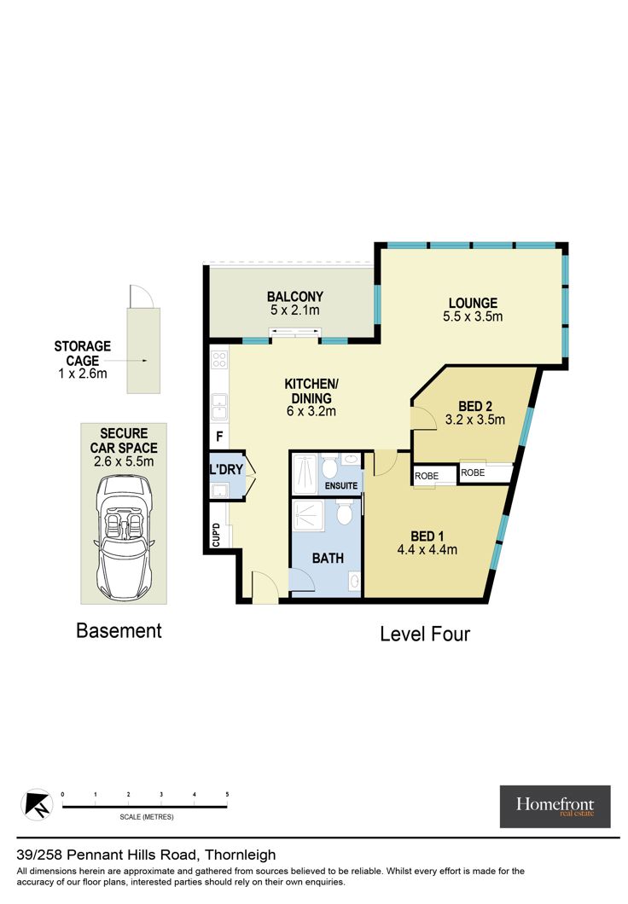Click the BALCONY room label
point(294,297)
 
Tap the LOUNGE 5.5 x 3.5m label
point(473,310)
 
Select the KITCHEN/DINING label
point(311,391)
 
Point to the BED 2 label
point(474,407)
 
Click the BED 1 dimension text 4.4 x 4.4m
point(427,550)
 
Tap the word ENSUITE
point(340,486)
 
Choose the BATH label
point(328,558)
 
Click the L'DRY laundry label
point(226,470)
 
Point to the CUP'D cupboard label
point(216,535)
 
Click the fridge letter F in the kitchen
point(219,437)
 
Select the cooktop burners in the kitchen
point(219,360)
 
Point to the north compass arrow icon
point(37,804)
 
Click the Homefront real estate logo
point(555,807)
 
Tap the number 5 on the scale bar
point(227,795)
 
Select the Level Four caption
point(425,635)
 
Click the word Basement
point(119,631)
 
